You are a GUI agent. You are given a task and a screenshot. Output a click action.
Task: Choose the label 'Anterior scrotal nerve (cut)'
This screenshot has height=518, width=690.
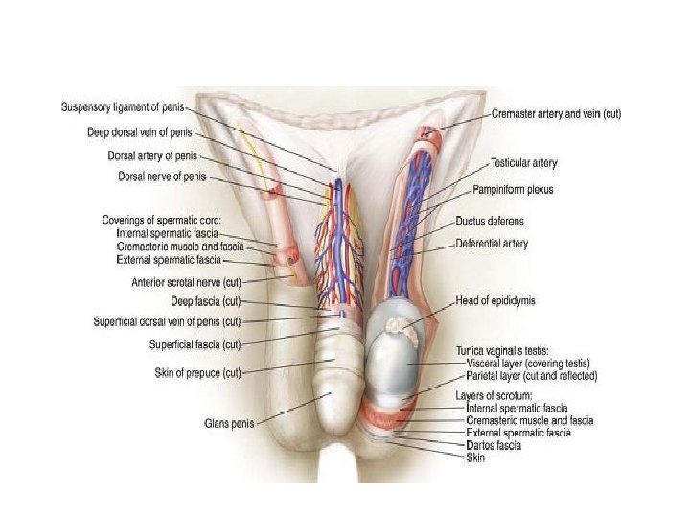(186, 282)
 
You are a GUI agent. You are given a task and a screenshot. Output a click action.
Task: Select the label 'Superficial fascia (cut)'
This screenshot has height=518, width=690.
(195, 344)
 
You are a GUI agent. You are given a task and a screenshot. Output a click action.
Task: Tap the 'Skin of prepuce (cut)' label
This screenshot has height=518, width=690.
(197, 372)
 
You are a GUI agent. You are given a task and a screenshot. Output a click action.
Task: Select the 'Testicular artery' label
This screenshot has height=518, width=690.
(524, 163)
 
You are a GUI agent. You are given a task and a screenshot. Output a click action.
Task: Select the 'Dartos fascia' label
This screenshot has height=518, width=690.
(494, 446)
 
